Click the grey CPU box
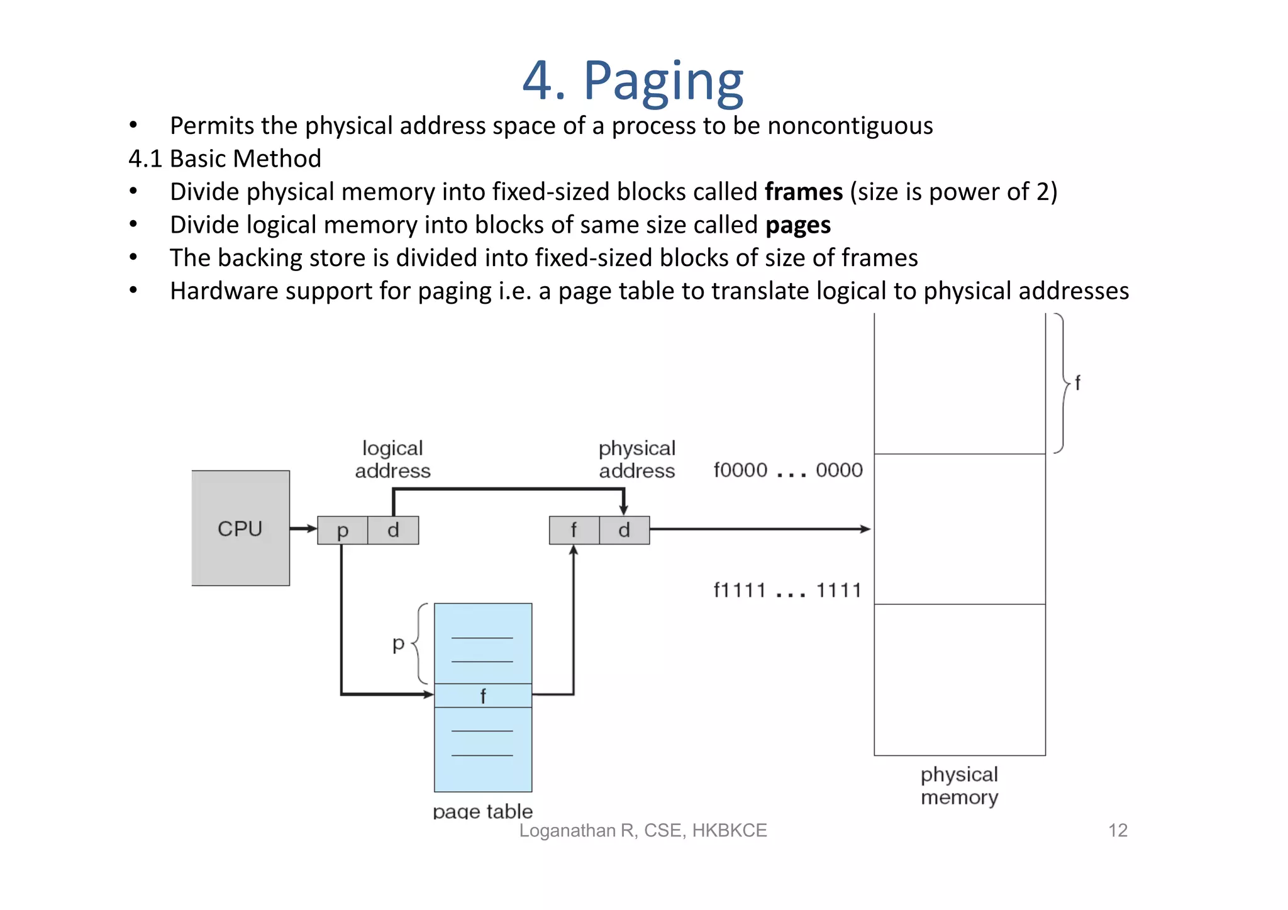coord(240,528)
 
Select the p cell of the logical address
coord(342,530)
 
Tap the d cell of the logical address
coord(393,530)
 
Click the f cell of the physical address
coord(574,530)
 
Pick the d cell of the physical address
coord(624,530)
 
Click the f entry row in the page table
coord(482,696)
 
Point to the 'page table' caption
coord(482,811)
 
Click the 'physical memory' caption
coord(959,785)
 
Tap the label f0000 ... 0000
coord(787,470)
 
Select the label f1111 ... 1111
coord(787,591)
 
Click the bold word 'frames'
coord(803,192)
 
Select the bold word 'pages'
coord(797,225)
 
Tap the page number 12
coord(1118,830)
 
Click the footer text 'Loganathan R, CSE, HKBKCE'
coord(643,830)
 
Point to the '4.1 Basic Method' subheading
coord(225,158)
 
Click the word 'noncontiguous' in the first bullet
coord(850,126)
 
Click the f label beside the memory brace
coord(1077,382)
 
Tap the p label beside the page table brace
coord(398,643)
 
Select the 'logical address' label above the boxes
coord(392,459)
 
